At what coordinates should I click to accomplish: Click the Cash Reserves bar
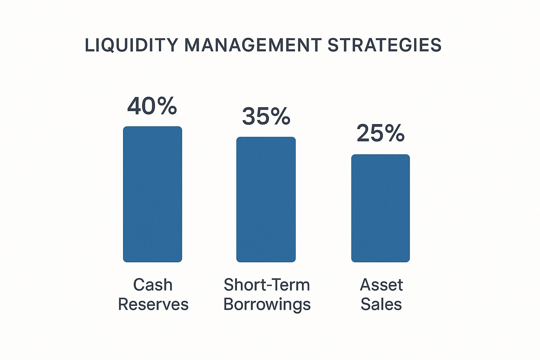point(153,194)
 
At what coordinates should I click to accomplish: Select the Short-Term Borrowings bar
point(266,199)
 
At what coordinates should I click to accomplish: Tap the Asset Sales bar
point(380,208)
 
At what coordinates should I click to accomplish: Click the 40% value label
point(152,106)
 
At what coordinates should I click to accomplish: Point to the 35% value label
point(266,116)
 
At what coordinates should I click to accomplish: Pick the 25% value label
point(380,133)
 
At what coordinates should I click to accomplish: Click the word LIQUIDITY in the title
point(131,45)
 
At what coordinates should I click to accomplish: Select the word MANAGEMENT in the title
point(253,45)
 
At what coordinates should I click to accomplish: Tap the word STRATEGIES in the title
point(385,45)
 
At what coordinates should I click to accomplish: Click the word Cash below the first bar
point(153,285)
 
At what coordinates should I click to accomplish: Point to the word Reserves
point(153,304)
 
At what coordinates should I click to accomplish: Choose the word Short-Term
point(267,284)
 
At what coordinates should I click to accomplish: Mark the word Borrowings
point(267,304)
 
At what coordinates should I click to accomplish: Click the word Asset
point(381,285)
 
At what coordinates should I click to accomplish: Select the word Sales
point(381,304)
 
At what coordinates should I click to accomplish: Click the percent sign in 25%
point(396,133)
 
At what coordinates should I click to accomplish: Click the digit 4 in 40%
point(135,106)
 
